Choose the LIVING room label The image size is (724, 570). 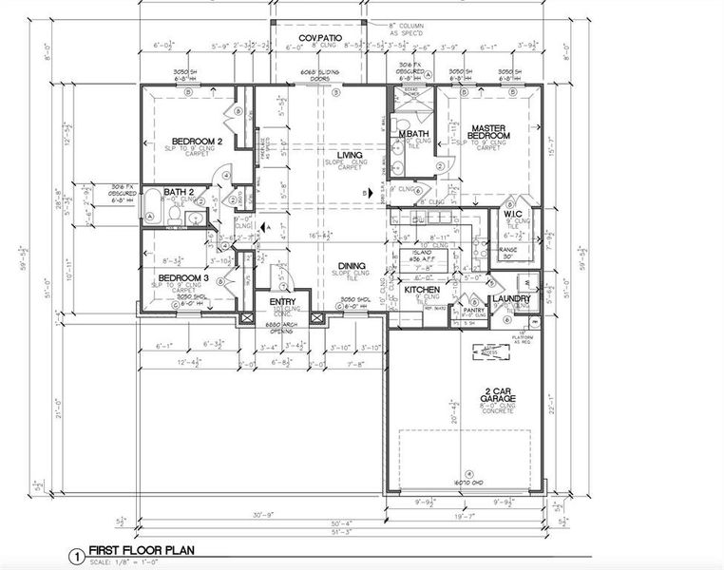352,154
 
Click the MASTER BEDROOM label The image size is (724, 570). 488,132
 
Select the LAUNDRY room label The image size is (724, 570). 510,299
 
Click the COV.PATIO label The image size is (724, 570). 319,38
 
